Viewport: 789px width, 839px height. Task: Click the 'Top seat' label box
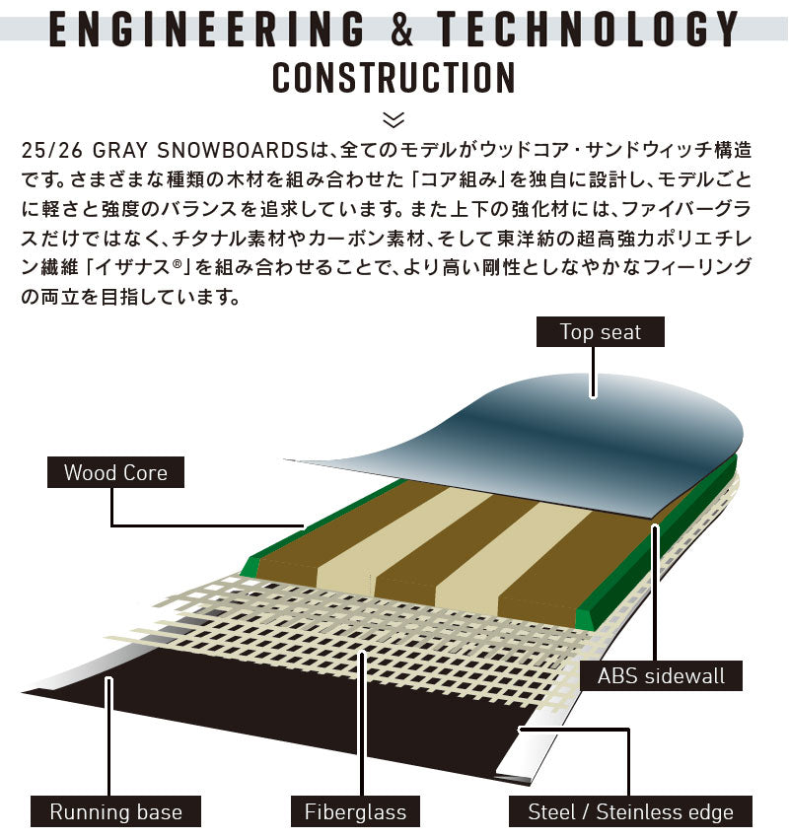coord(600,331)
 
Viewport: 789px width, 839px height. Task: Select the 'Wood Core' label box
coord(115,472)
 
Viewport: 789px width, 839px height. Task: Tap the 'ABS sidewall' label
coord(661,675)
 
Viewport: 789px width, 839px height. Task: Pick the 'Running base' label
coord(115,811)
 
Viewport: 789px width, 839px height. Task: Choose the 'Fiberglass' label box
coord(355,811)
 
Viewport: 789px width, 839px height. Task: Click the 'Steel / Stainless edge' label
coord(630,811)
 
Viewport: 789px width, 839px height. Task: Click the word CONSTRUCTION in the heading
coord(394,78)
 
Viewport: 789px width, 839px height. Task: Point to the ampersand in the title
coord(402,29)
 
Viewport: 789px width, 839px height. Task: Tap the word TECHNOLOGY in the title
coord(588,29)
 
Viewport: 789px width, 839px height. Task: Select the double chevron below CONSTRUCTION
coord(394,120)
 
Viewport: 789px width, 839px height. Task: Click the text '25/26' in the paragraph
coord(52,151)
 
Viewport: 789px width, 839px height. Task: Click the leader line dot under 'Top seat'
coord(593,395)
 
